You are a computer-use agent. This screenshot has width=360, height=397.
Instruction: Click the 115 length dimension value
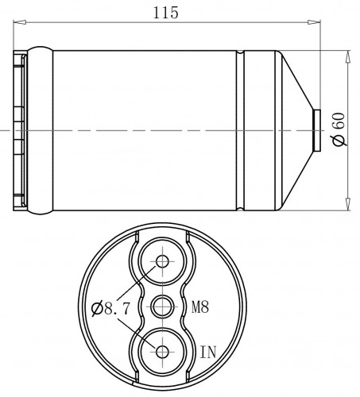(166, 13)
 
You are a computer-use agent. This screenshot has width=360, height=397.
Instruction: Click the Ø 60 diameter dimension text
(339, 129)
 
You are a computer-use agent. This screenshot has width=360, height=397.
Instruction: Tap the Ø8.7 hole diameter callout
(110, 309)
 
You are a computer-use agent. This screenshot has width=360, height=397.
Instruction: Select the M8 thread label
(200, 307)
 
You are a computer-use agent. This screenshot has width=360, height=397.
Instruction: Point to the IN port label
(208, 352)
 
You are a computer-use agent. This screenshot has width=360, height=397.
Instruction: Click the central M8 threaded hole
(162, 307)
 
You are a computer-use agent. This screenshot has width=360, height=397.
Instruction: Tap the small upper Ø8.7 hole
(162, 261)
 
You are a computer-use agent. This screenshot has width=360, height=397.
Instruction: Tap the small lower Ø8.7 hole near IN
(162, 352)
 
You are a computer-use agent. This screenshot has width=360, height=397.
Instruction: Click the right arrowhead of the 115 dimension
(314, 22)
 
